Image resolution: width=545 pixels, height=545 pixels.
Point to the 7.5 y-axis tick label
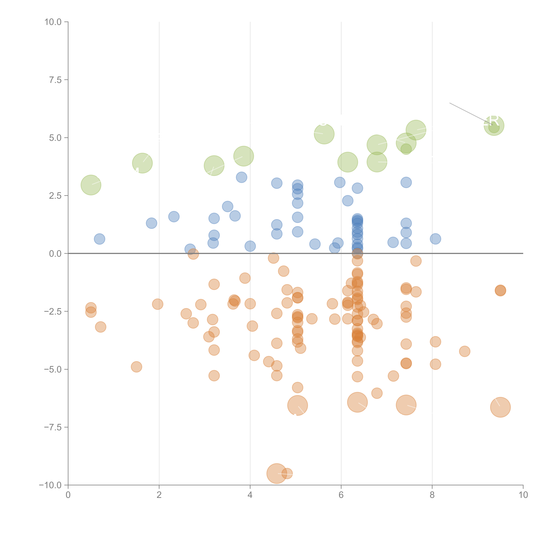[x=55, y=80]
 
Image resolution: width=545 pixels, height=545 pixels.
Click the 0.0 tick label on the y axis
[x=55, y=254]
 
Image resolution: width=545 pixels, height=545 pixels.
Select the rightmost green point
[x=494, y=126]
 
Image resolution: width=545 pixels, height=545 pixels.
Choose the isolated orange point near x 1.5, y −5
[x=137, y=367]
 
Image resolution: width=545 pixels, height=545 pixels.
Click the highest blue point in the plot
[x=241, y=177]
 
